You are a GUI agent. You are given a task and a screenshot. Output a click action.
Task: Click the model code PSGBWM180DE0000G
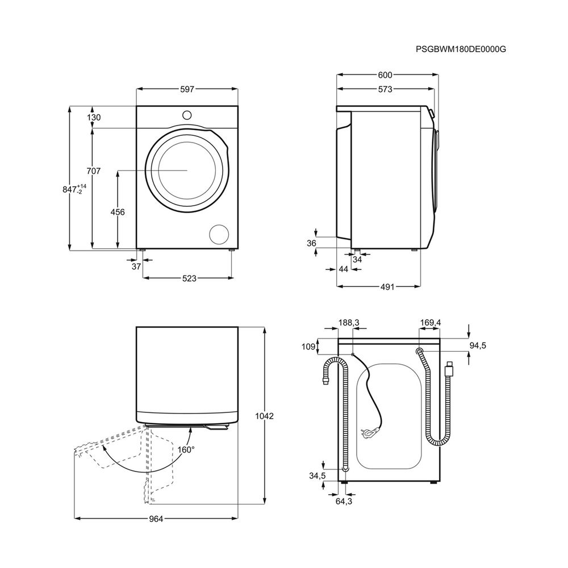point(461,49)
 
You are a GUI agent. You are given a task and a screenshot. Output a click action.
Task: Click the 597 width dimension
point(187,89)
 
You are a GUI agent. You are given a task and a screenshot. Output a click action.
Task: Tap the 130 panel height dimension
point(94,118)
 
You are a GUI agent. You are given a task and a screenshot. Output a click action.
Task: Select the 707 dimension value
point(94,170)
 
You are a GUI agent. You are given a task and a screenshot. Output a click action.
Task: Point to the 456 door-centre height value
point(118,212)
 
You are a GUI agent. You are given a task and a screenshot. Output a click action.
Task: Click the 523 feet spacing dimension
point(189,278)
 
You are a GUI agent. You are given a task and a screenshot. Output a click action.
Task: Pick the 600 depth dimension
point(385,74)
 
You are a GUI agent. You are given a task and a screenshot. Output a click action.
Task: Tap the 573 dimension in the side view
point(385,89)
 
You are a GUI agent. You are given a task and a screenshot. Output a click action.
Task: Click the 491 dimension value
point(387,287)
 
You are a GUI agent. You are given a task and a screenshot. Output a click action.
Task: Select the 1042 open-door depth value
point(265,416)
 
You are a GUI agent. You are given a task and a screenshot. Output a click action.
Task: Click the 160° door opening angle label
point(186,449)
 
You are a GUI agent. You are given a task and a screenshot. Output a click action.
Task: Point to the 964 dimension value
point(156,519)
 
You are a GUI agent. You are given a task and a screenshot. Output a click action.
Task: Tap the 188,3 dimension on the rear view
point(349,323)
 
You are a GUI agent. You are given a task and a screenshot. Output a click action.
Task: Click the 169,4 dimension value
point(431,323)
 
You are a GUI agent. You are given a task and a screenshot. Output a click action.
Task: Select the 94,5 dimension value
point(478,345)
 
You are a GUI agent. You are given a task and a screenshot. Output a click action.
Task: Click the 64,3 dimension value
point(344,502)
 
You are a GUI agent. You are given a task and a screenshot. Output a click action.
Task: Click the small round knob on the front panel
point(187,115)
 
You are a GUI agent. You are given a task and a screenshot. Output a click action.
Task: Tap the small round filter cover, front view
point(219,233)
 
